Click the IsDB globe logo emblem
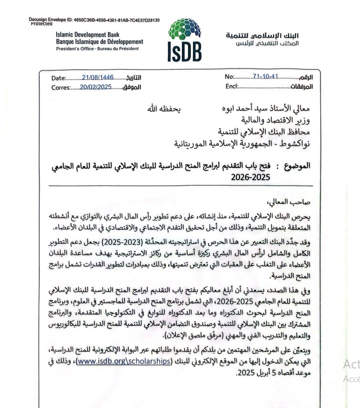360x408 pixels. (x=184, y=31)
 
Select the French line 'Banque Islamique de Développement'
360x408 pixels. (x=99, y=41)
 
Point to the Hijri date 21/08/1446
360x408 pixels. (x=98, y=77)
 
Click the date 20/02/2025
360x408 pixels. (x=96, y=87)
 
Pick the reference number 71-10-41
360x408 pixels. (x=265, y=77)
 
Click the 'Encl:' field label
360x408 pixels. (x=231, y=86)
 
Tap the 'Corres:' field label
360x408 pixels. (x=60, y=87)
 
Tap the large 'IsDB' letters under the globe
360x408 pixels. (x=184, y=51)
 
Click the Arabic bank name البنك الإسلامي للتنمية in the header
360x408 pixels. (x=262, y=35)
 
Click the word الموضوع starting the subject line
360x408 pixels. (x=296, y=165)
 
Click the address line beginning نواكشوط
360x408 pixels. (x=242, y=143)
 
